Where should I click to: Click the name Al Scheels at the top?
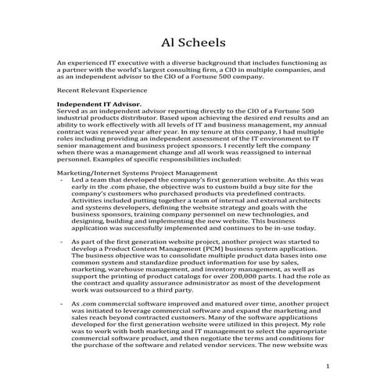tap(193, 40)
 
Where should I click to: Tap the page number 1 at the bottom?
tap(329, 366)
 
